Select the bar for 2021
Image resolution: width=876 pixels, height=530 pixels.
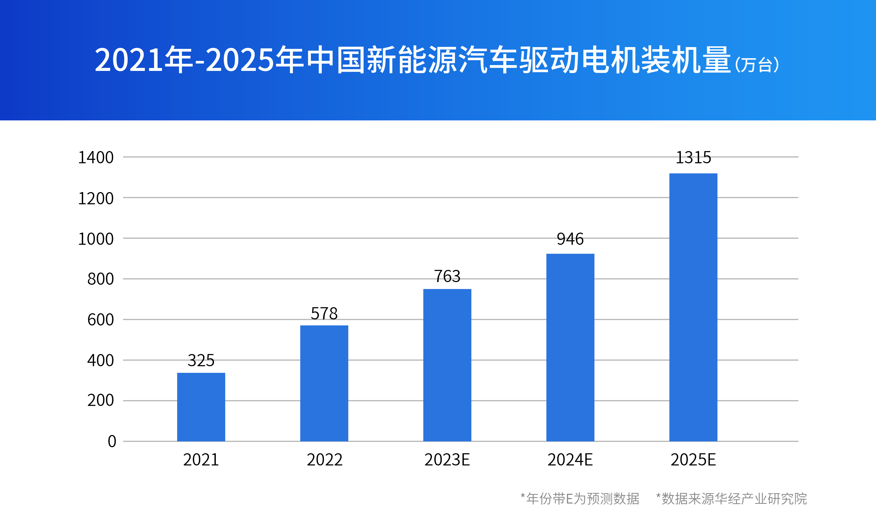click(x=201, y=407)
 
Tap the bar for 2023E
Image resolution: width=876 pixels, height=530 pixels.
click(x=447, y=365)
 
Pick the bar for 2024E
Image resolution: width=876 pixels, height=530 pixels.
click(x=570, y=347)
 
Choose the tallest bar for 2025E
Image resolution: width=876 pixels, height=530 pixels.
click(x=693, y=307)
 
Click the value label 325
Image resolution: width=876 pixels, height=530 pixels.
click(x=201, y=360)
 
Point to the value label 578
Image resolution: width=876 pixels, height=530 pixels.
click(x=324, y=313)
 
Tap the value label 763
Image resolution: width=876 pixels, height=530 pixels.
click(x=447, y=276)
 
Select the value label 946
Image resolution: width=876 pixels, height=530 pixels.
click(x=570, y=239)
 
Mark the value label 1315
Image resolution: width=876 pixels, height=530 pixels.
click(x=693, y=157)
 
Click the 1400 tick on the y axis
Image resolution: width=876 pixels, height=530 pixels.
click(x=96, y=157)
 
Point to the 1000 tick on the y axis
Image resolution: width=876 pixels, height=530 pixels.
click(x=96, y=239)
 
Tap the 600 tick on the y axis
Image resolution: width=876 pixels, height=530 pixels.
click(x=100, y=320)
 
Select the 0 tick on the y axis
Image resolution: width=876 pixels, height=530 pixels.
click(x=112, y=441)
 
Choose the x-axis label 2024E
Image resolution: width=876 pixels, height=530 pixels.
click(x=570, y=460)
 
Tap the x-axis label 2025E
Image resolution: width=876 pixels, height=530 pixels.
click(x=693, y=460)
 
